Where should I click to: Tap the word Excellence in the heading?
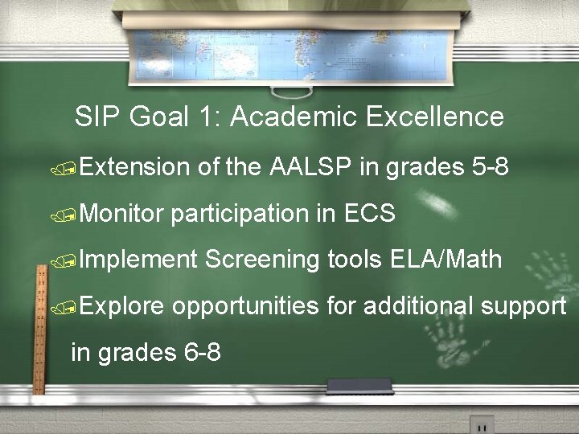click(435, 117)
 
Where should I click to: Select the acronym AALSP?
click(311, 168)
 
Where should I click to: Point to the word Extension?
click(134, 168)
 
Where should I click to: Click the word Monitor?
click(121, 214)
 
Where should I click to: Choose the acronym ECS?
click(369, 214)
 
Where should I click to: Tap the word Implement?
click(138, 260)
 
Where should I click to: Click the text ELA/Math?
click(446, 260)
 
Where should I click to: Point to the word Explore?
click(123, 305)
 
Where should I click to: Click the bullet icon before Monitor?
click(72, 215)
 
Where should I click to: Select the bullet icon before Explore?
click(72, 307)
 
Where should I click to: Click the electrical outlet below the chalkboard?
click(482, 424)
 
